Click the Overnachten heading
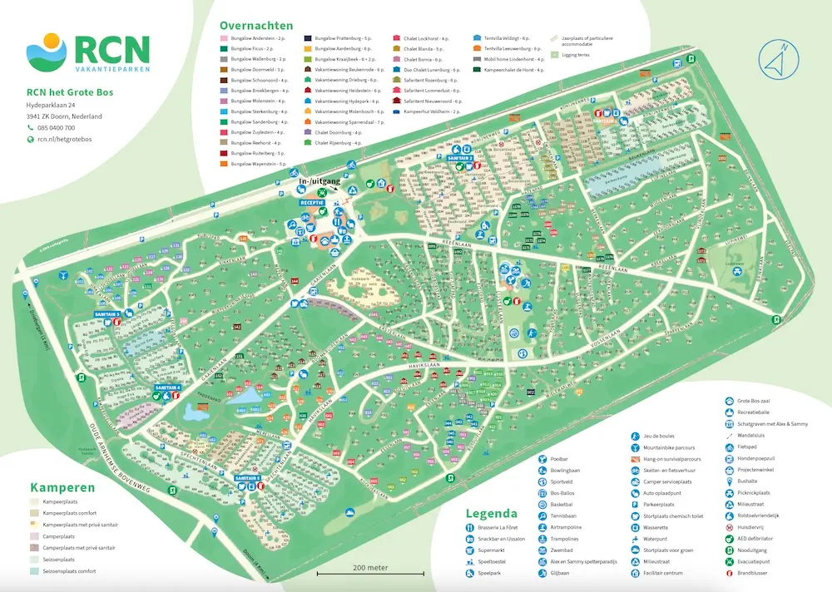257,25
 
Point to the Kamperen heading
62,487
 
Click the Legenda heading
491,514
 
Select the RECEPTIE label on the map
312,202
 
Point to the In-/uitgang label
319,180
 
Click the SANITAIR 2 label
460,157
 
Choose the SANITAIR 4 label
168,387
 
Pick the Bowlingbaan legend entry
567,470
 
